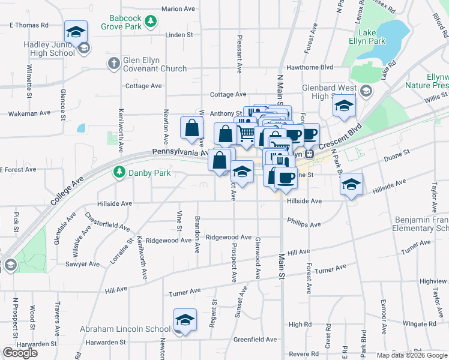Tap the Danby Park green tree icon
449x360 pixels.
tap(119, 173)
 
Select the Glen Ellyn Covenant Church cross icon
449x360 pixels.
tap(113, 63)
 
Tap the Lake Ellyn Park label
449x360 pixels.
tap(367, 36)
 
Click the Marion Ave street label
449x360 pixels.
tap(178, 9)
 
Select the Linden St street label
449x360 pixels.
tap(179, 35)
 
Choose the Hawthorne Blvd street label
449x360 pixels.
tap(309, 67)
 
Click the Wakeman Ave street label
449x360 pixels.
tap(28, 113)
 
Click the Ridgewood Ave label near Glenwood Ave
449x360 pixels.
tap(228, 238)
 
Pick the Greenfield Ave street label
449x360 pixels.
tap(255, 339)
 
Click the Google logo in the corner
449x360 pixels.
tap(20, 353)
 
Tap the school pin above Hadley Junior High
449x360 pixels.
tap(76, 32)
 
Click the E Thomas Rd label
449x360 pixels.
tap(28, 25)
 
